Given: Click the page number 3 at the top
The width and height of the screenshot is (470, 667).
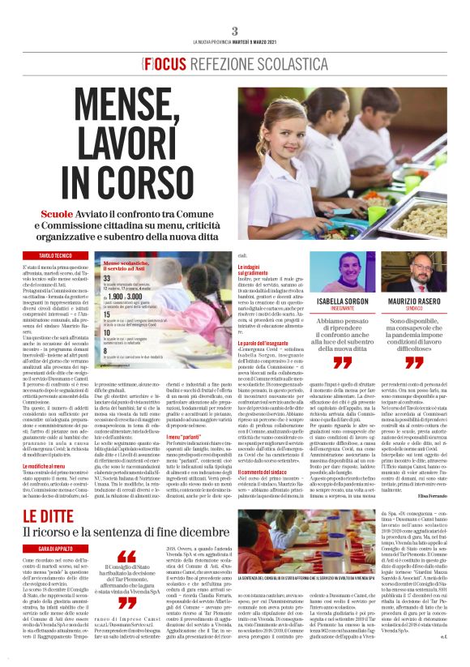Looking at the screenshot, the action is pos(234,31).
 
